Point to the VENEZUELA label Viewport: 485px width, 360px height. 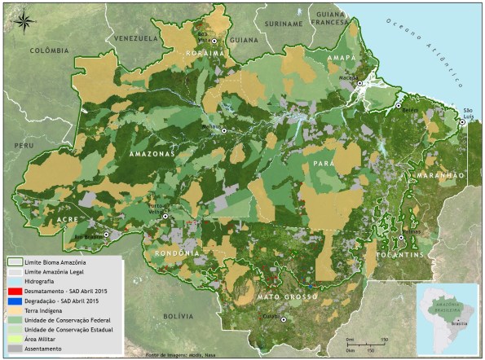(x=135, y=39)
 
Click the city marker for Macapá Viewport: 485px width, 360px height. (x=359, y=83)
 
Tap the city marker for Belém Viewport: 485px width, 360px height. (x=399, y=106)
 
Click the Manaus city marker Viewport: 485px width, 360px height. (x=223, y=130)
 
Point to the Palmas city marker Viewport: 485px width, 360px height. (x=400, y=237)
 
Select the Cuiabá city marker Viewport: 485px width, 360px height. (x=284, y=320)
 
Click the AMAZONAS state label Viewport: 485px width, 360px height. (x=152, y=153)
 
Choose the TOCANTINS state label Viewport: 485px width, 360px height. (x=399, y=256)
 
